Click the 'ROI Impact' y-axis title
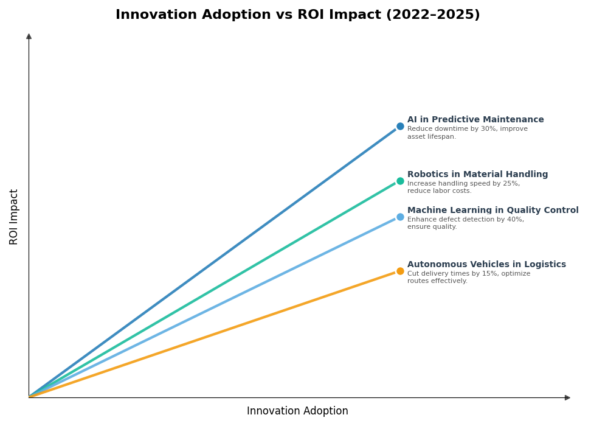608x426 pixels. [14, 217]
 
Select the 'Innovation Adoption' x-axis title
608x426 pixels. [297, 411]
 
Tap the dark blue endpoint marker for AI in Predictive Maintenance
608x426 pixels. [400, 127]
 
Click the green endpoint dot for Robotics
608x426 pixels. [400, 181]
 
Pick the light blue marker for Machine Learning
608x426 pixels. [400, 217]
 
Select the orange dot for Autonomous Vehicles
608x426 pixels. [400, 271]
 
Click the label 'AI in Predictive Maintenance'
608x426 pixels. [475, 120]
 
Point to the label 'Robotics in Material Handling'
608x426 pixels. [477, 175]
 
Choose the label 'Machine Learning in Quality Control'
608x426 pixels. [492, 211]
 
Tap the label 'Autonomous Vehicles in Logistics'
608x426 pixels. [486, 265]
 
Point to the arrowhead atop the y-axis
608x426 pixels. [29, 37]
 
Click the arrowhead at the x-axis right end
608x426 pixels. [567, 397]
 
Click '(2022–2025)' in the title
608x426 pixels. [433, 15]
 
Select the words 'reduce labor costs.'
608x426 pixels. [439, 191]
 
